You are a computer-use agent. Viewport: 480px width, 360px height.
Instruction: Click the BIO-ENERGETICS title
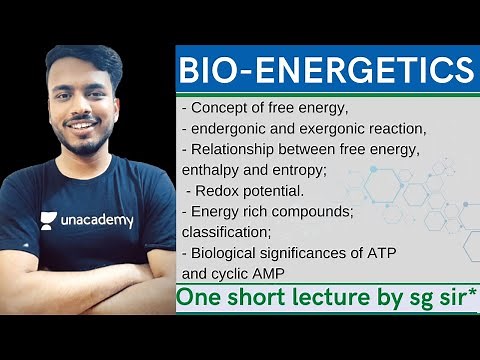(x=325, y=71)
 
